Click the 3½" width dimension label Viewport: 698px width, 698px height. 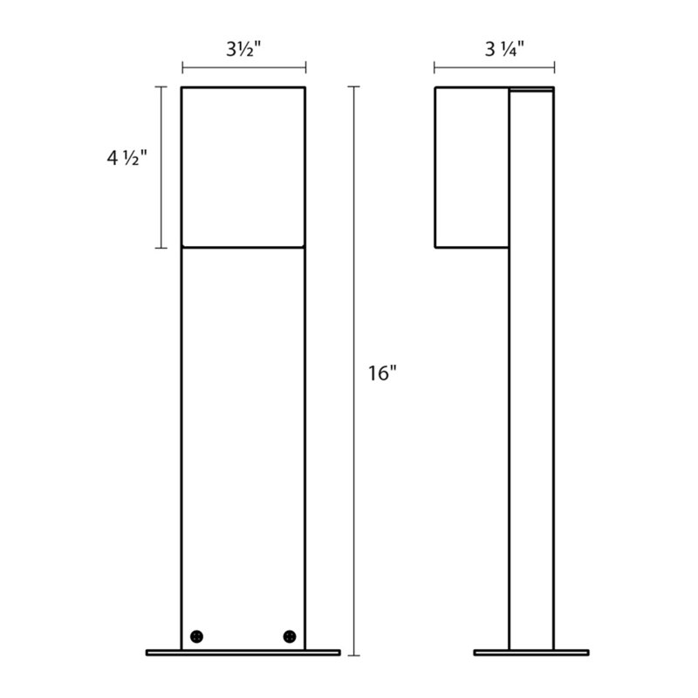pyautogui.click(x=244, y=50)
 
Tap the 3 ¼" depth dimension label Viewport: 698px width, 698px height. pyautogui.click(x=493, y=50)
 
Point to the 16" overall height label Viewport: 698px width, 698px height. pyautogui.click(x=382, y=373)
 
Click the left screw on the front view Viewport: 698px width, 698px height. pyautogui.click(x=198, y=635)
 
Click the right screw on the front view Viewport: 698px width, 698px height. pyautogui.click(x=289, y=635)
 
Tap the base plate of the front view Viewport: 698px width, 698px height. pyautogui.click(x=243, y=652)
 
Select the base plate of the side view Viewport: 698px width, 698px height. pyautogui.click(x=530, y=652)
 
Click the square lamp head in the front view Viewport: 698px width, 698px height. pyautogui.click(x=243, y=167)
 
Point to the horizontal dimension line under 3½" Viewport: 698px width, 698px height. pyautogui.click(x=244, y=67)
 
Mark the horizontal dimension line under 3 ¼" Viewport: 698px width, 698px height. pyautogui.click(x=493, y=67)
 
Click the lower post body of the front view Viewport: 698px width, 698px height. pyautogui.click(x=243, y=436)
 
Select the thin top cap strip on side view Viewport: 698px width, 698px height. pyautogui.click(x=531, y=89)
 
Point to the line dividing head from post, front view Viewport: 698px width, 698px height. pyautogui.click(x=243, y=248)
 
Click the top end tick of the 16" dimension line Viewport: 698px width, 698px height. pyautogui.click(x=353, y=86)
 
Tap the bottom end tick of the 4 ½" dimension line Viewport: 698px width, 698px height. pyautogui.click(x=161, y=248)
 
